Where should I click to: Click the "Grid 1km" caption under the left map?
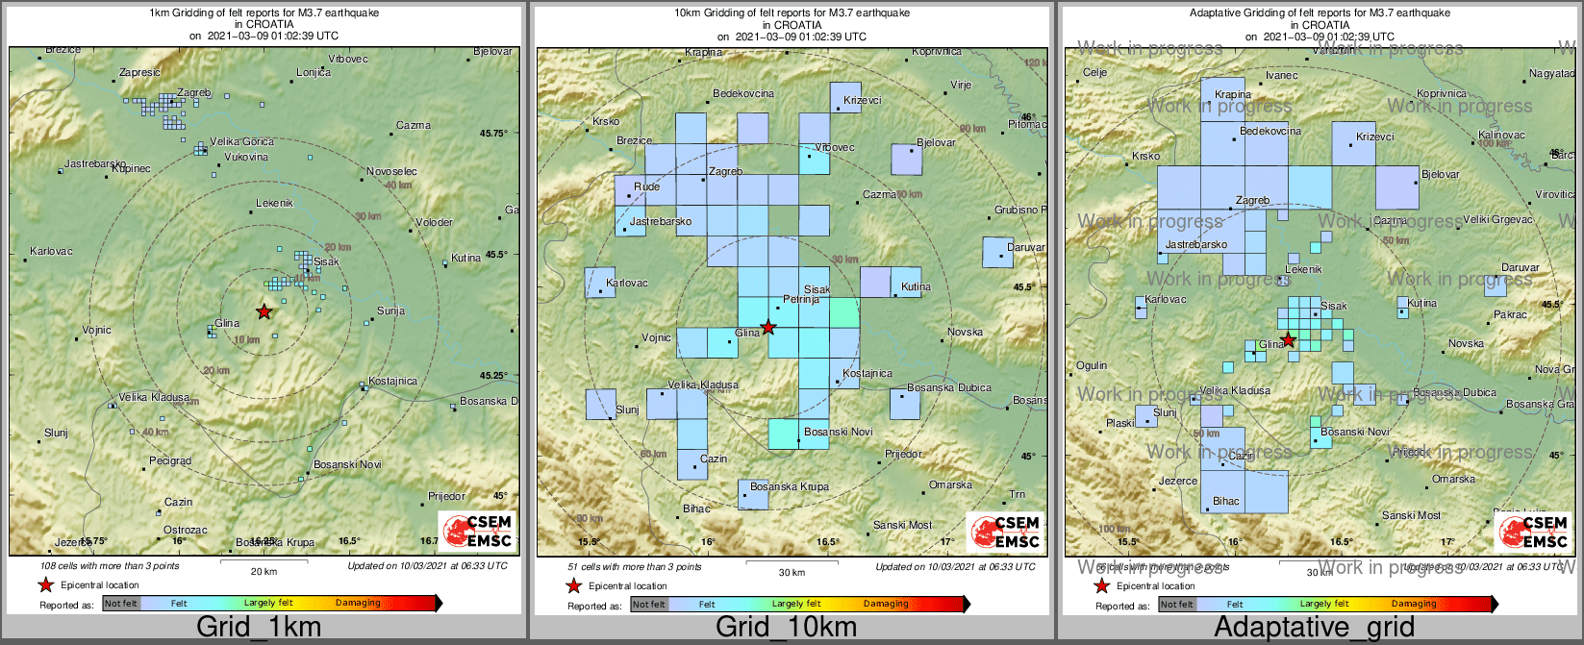click(259, 628)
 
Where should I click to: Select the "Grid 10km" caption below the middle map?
click(786, 628)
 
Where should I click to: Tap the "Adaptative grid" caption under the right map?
click(1314, 628)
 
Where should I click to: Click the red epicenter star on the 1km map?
click(264, 311)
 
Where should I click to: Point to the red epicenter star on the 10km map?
click(767, 328)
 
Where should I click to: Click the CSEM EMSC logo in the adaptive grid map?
click(1536, 532)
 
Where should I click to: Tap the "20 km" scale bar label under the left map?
click(264, 571)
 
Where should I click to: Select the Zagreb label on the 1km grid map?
click(193, 93)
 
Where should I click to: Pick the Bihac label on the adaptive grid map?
click(1226, 501)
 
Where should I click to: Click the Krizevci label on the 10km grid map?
click(863, 101)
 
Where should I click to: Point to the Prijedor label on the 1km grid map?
click(446, 497)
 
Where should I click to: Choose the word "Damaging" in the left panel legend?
click(358, 604)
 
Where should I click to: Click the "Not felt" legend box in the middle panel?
click(648, 605)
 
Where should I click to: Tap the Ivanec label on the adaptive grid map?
click(1282, 75)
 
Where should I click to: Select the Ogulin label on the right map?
click(1092, 365)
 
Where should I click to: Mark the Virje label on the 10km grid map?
click(961, 86)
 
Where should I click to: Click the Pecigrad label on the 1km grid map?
click(170, 460)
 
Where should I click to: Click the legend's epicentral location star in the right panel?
click(1101, 585)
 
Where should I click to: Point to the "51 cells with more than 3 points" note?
click(635, 567)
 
